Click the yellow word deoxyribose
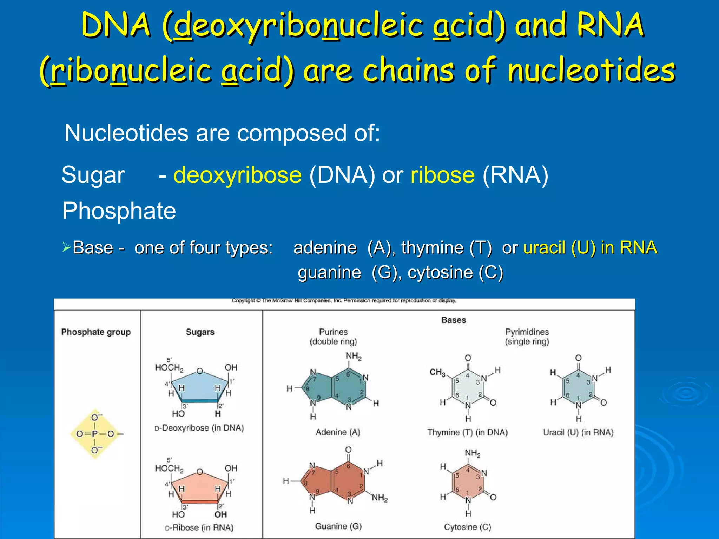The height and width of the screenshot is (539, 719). pyautogui.click(x=237, y=175)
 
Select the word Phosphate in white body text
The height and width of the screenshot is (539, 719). pyautogui.click(x=119, y=211)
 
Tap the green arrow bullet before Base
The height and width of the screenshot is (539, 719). pyautogui.click(x=66, y=247)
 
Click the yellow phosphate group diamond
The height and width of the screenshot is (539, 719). pyautogui.click(x=95, y=434)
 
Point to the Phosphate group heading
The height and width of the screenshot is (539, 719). pyautogui.click(x=96, y=332)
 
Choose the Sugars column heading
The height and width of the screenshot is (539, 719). pyautogui.click(x=200, y=332)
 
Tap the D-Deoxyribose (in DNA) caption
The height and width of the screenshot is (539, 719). pyautogui.click(x=199, y=428)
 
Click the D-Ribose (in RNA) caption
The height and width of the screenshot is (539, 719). pyautogui.click(x=199, y=528)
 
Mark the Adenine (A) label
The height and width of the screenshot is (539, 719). pyautogui.click(x=338, y=432)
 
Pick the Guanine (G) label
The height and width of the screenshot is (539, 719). pyautogui.click(x=338, y=526)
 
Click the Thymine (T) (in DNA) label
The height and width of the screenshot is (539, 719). pyautogui.click(x=467, y=432)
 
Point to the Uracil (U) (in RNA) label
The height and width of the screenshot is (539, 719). pyautogui.click(x=578, y=432)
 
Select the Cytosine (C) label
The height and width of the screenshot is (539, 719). pyautogui.click(x=467, y=527)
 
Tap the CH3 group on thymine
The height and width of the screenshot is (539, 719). pyautogui.click(x=437, y=372)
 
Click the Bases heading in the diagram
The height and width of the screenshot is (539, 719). pyautogui.click(x=454, y=320)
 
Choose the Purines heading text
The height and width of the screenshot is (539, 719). pyautogui.click(x=333, y=332)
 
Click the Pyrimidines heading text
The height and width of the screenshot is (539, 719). pyautogui.click(x=527, y=332)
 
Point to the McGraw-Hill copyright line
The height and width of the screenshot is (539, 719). pyautogui.click(x=344, y=301)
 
